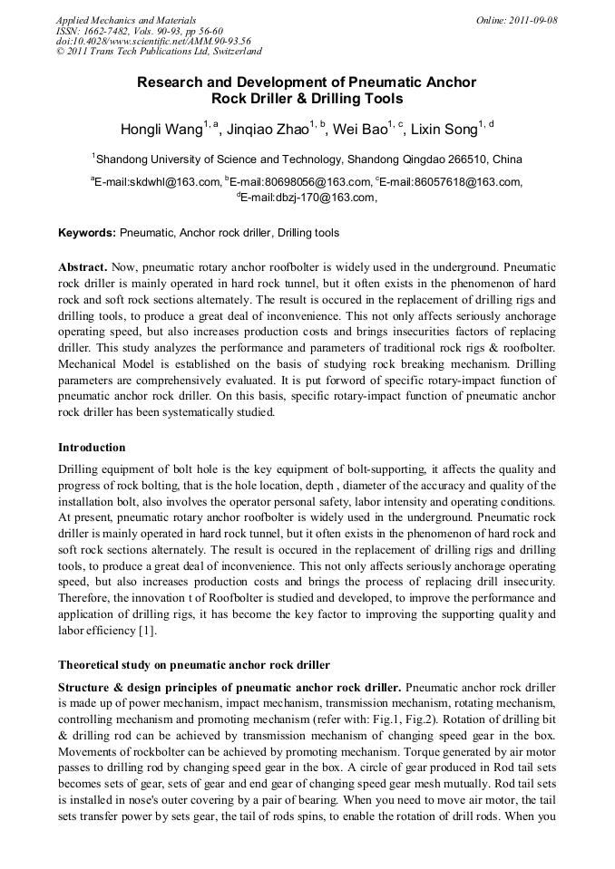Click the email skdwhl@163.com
[x=158, y=181]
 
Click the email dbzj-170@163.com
[x=306, y=198]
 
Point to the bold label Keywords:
[x=87, y=233]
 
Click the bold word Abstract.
[x=83, y=268]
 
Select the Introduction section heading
[x=92, y=448]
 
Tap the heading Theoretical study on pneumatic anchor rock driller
[x=194, y=666]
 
